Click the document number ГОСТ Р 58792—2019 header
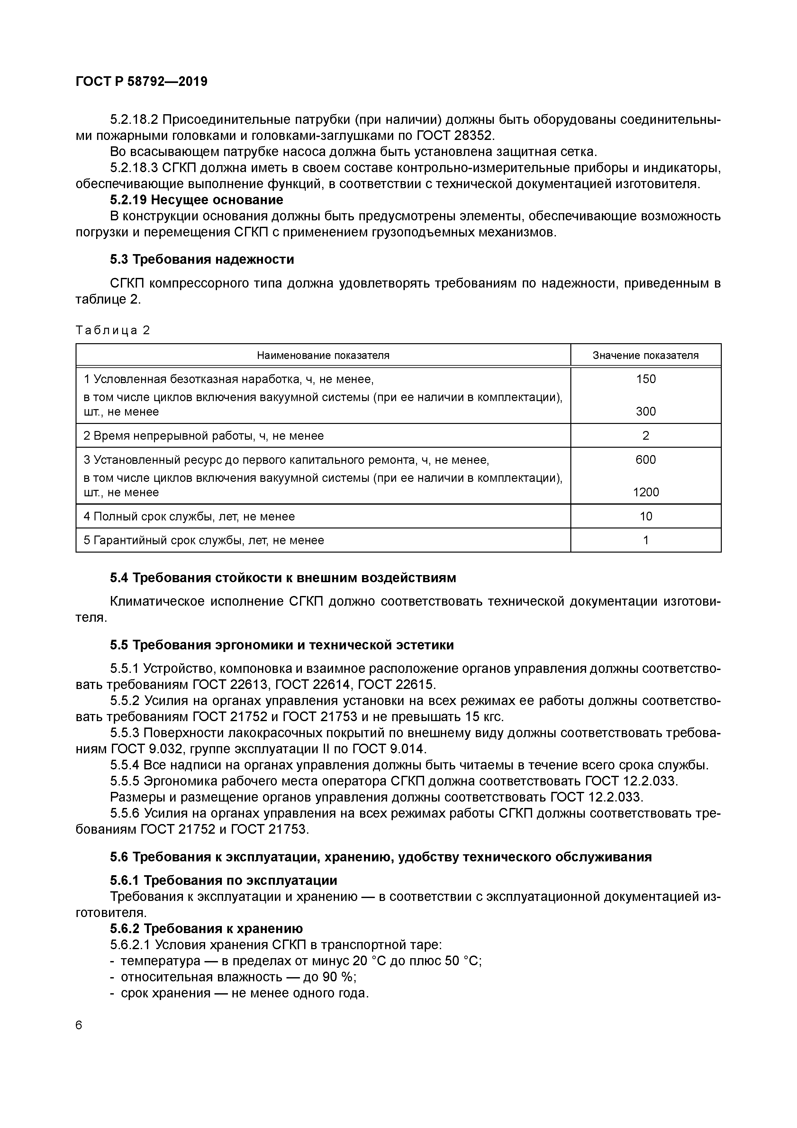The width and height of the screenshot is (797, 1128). [x=141, y=82]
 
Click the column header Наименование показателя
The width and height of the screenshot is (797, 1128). [x=323, y=355]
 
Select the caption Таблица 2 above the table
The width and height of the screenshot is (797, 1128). [x=113, y=330]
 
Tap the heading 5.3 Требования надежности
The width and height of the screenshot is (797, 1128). [x=202, y=259]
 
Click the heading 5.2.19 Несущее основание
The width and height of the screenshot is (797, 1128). [x=196, y=200]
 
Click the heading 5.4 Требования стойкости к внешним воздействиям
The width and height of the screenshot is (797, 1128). [x=283, y=578]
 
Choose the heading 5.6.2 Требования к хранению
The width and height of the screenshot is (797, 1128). [x=206, y=929]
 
